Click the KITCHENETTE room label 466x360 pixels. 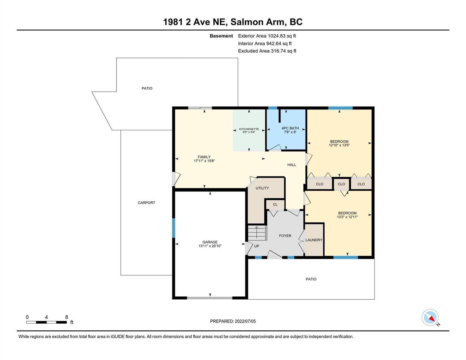(x=249, y=129)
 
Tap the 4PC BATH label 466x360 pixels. (x=290, y=128)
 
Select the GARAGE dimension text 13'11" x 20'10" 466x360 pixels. (x=210, y=246)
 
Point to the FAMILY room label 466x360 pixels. (x=204, y=157)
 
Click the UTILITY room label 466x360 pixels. (x=262, y=188)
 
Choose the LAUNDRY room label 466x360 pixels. (x=314, y=240)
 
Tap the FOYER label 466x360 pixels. (x=285, y=235)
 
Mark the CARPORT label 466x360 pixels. (x=146, y=202)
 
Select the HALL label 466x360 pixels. (x=292, y=165)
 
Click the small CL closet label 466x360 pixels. (x=275, y=205)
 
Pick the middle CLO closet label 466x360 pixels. (x=341, y=184)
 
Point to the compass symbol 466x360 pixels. (x=430, y=317)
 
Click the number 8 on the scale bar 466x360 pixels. (x=67, y=317)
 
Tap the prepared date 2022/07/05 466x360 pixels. (x=245, y=321)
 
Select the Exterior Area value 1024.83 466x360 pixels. (x=277, y=36)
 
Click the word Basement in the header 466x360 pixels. (x=221, y=36)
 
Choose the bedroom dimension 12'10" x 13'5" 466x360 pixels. (x=339, y=145)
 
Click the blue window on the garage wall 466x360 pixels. (x=173, y=228)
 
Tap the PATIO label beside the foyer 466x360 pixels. (x=311, y=279)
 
